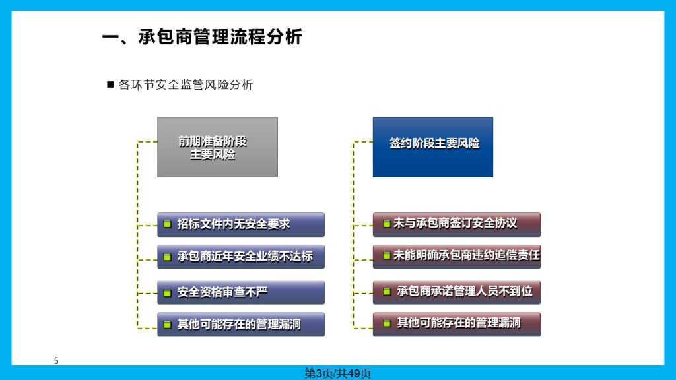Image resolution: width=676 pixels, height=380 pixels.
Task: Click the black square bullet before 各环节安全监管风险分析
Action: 110,84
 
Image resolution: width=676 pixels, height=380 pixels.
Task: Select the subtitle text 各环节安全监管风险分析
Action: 186,85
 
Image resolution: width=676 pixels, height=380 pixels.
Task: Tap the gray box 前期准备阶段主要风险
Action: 217,147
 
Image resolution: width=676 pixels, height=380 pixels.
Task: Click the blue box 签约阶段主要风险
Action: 433,147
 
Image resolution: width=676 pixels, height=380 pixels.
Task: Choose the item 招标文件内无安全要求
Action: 241,224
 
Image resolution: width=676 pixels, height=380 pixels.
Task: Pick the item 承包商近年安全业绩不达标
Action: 241,257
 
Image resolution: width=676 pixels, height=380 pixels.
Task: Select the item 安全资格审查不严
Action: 241,292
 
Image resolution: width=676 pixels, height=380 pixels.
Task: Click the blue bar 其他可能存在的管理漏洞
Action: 241,325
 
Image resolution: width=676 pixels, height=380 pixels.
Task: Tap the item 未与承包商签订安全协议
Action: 457,224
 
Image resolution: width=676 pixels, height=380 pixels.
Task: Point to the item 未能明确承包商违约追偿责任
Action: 457,257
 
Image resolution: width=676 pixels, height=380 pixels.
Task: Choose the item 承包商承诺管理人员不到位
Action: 457,292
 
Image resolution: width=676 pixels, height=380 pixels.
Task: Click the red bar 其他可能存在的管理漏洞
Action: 457,325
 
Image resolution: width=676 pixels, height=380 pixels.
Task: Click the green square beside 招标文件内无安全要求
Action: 167,224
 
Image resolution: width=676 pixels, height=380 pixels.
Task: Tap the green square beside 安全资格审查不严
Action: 167,293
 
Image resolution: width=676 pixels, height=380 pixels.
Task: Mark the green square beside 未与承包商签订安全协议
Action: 387,224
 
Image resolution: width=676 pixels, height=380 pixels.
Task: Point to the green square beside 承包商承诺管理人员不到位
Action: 387,292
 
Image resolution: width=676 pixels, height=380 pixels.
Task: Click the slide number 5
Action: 56,361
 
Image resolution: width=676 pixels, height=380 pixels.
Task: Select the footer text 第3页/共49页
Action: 337,373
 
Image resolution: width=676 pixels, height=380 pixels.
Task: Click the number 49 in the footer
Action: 354,373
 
